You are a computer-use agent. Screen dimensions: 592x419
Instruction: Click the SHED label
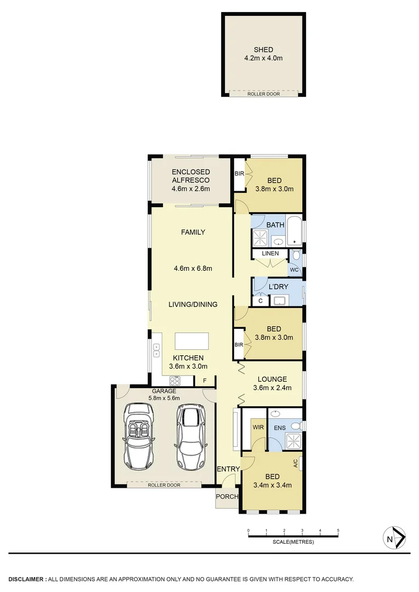pyautogui.click(x=263, y=50)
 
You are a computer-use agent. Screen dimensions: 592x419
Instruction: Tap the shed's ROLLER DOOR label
pyautogui.click(x=263, y=94)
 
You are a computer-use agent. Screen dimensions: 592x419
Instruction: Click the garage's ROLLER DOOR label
pyautogui.click(x=164, y=485)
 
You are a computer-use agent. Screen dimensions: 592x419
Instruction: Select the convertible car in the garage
pyautogui.click(x=139, y=436)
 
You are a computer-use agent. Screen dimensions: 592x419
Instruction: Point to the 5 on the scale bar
pyautogui.click(x=338, y=531)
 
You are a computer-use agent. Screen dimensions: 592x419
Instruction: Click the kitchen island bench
pyautogui.click(x=192, y=341)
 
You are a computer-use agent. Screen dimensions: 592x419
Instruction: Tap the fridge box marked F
pyautogui.click(x=205, y=380)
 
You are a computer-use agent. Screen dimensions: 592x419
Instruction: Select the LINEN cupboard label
pyautogui.click(x=270, y=254)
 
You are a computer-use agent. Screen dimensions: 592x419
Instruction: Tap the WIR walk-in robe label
pyautogui.click(x=258, y=426)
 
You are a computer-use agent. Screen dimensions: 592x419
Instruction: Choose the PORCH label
pyautogui.click(x=227, y=497)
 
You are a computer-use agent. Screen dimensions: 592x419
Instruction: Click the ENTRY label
pyautogui.click(x=228, y=469)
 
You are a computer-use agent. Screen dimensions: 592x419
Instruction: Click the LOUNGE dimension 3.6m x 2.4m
pyautogui.click(x=272, y=388)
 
